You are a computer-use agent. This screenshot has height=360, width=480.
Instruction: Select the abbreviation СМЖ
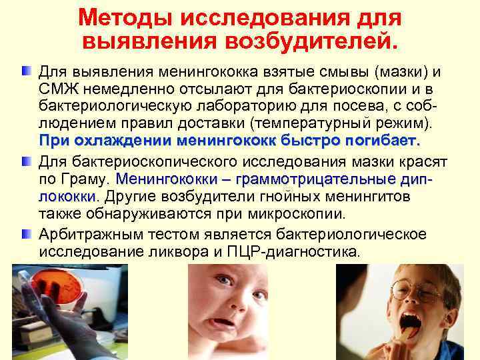55,89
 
